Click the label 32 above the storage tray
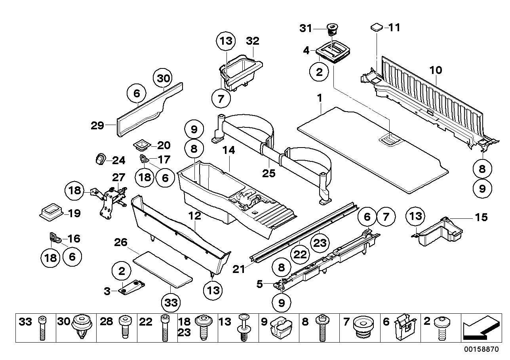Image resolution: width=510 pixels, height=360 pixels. click(x=252, y=41)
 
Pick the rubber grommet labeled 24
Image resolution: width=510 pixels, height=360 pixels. click(x=100, y=159)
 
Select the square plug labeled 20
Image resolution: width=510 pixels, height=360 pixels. click(x=142, y=145)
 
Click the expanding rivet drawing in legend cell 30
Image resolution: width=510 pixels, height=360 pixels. click(x=82, y=328)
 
